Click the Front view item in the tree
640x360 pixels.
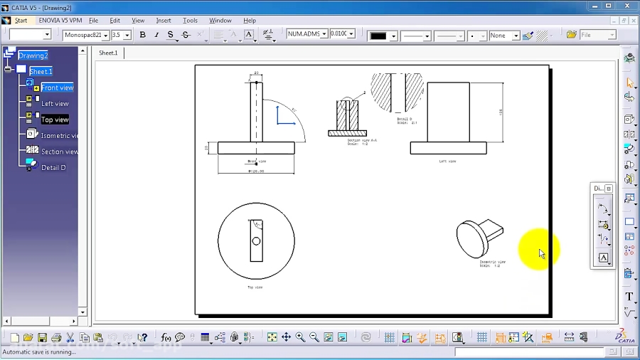[x=57, y=88]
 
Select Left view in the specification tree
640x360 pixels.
[x=55, y=104]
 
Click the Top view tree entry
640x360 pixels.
[x=55, y=120]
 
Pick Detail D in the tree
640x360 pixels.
[x=53, y=168]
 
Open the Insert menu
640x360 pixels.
[x=164, y=21]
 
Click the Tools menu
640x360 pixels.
[x=190, y=21]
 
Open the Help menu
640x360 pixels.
[x=250, y=21]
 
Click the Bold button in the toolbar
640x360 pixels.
[x=142, y=35]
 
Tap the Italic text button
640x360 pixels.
[x=156, y=35]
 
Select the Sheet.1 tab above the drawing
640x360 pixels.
[x=108, y=53]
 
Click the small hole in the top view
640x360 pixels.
[x=256, y=241]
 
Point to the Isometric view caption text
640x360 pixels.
[x=491, y=263]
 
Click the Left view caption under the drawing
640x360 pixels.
[x=447, y=162]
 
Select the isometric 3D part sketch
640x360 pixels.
[x=478, y=237]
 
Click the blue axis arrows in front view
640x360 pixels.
[x=285, y=116]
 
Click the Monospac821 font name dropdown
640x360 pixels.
[x=85, y=35]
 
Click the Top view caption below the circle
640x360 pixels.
[x=255, y=287]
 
